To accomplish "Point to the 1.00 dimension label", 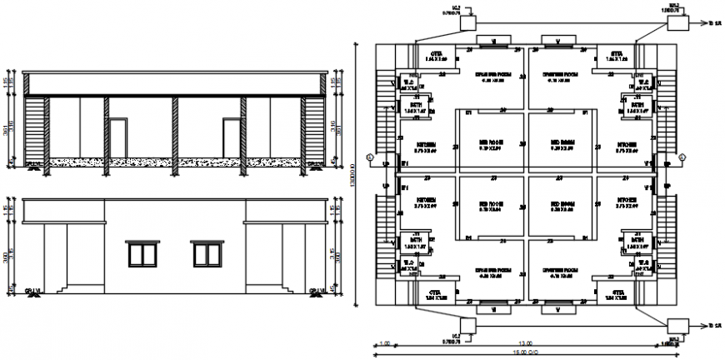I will pyautogui.click(x=385, y=344).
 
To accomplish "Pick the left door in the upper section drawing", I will pyautogui.click(x=119, y=138).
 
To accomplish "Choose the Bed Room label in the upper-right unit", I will pyautogui.click(x=559, y=142).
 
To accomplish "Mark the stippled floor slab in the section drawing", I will pyautogui.click(x=175, y=161).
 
